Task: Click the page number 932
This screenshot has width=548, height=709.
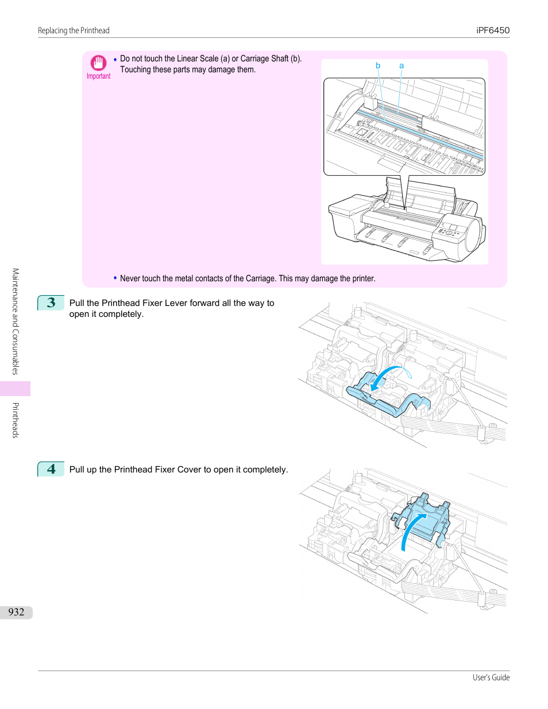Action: pos(16,612)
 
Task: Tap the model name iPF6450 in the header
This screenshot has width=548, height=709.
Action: pos(492,30)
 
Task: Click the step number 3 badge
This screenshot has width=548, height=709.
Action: pos(51,303)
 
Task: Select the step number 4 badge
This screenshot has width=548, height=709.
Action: pos(51,469)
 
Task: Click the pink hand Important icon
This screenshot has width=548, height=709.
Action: pos(98,63)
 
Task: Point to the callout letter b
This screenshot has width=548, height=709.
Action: pos(377,65)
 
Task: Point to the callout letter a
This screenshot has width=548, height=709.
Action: pos(402,66)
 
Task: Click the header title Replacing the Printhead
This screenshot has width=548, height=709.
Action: pos(74,30)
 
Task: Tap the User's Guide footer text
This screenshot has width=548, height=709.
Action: pos(491,677)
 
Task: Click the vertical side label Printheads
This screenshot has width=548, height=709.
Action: pos(16,420)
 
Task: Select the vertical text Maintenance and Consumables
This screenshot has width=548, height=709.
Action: pos(16,321)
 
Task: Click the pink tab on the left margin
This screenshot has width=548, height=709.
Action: pos(15,389)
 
